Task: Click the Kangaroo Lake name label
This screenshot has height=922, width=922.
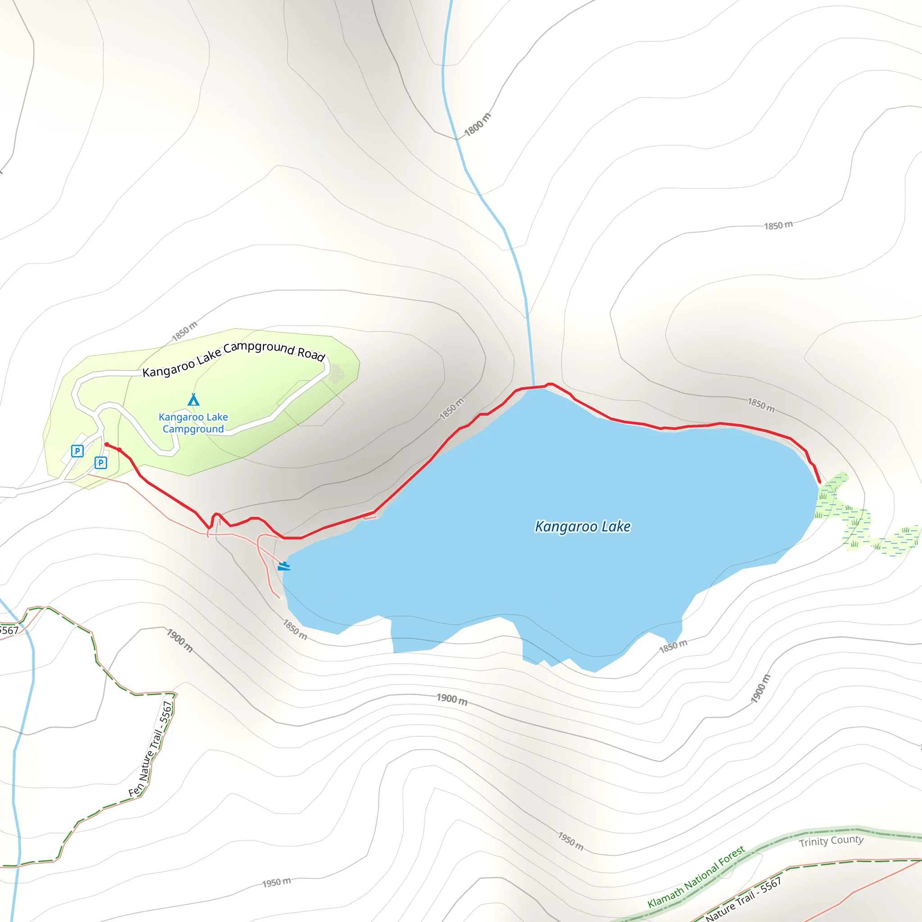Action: pos(582,526)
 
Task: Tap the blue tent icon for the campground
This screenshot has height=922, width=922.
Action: pos(193,399)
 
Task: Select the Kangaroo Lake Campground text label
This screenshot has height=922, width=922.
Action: pos(193,423)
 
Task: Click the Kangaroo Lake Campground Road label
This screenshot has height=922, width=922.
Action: pos(234,358)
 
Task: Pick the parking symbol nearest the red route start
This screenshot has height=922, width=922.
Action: pos(101,462)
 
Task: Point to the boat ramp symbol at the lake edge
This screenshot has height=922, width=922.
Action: pos(284,566)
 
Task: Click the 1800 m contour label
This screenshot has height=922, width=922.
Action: pos(477,125)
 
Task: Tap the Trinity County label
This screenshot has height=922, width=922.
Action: pos(832,841)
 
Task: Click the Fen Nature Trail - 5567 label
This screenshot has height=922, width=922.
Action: pos(151,749)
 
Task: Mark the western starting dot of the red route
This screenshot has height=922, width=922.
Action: pos(106,444)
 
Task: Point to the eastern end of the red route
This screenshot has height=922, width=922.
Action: pos(819,482)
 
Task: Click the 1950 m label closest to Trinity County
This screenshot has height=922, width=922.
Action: pos(571,841)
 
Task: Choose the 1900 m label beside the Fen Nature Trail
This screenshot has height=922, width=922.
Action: pos(180,641)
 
